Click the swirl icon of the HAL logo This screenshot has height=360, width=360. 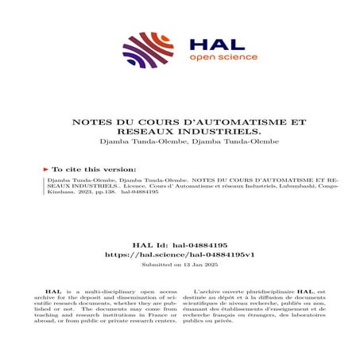[148, 49]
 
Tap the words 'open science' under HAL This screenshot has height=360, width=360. [211, 58]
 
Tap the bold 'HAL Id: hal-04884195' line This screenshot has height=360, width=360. [180, 246]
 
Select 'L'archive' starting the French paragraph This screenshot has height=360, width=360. [205, 292]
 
